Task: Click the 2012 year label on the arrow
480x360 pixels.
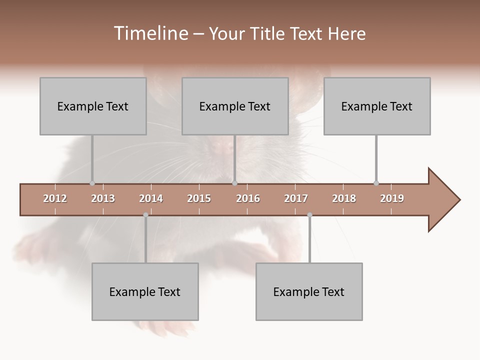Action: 55,198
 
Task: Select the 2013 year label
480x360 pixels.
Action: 103,198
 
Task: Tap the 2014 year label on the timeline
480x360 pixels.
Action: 151,198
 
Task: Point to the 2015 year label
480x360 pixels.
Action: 199,198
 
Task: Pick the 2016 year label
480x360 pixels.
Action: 248,198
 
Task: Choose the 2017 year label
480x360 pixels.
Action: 296,198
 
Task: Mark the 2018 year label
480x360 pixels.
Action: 344,198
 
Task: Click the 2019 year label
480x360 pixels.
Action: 392,198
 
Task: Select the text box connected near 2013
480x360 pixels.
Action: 93,106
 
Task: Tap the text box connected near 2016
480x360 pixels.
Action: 235,106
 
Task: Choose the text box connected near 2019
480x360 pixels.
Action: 377,106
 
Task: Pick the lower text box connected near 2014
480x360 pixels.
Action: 145,291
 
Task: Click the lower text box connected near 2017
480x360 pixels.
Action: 309,291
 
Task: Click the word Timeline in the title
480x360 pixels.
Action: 150,33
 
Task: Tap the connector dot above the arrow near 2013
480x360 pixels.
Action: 92,183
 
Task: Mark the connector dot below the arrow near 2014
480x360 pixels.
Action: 145,215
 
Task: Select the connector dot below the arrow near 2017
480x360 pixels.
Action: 309,215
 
